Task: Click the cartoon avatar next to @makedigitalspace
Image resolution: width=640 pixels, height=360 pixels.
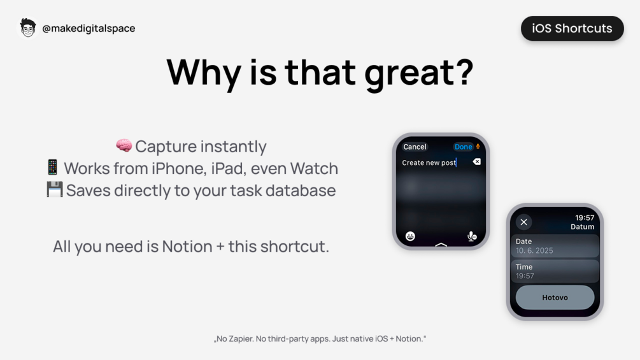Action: point(28,28)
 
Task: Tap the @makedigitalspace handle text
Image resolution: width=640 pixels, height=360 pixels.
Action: point(89,28)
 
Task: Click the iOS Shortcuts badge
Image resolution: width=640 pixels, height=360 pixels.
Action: point(572,28)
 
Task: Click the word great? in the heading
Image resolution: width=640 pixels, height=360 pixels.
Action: point(419,73)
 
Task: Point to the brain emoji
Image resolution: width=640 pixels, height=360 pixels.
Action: point(124,145)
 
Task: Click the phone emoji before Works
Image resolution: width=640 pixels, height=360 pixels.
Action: point(52,168)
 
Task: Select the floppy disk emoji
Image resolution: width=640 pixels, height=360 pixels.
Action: point(55,189)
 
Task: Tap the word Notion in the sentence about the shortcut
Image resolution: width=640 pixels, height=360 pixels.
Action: point(187,247)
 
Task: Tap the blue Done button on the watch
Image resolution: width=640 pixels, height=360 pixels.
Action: point(463,147)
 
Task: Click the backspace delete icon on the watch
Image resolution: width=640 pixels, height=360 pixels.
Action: point(476,162)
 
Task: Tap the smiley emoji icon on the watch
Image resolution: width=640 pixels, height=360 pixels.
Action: point(410,236)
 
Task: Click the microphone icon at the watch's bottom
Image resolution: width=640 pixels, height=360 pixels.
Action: point(471,236)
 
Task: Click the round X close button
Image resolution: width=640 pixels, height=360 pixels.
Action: point(523,222)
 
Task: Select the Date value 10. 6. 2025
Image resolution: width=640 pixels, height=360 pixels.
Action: point(534,250)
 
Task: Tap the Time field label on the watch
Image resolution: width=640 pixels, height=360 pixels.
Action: point(523,266)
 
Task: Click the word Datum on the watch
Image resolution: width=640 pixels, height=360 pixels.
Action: point(583,227)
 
